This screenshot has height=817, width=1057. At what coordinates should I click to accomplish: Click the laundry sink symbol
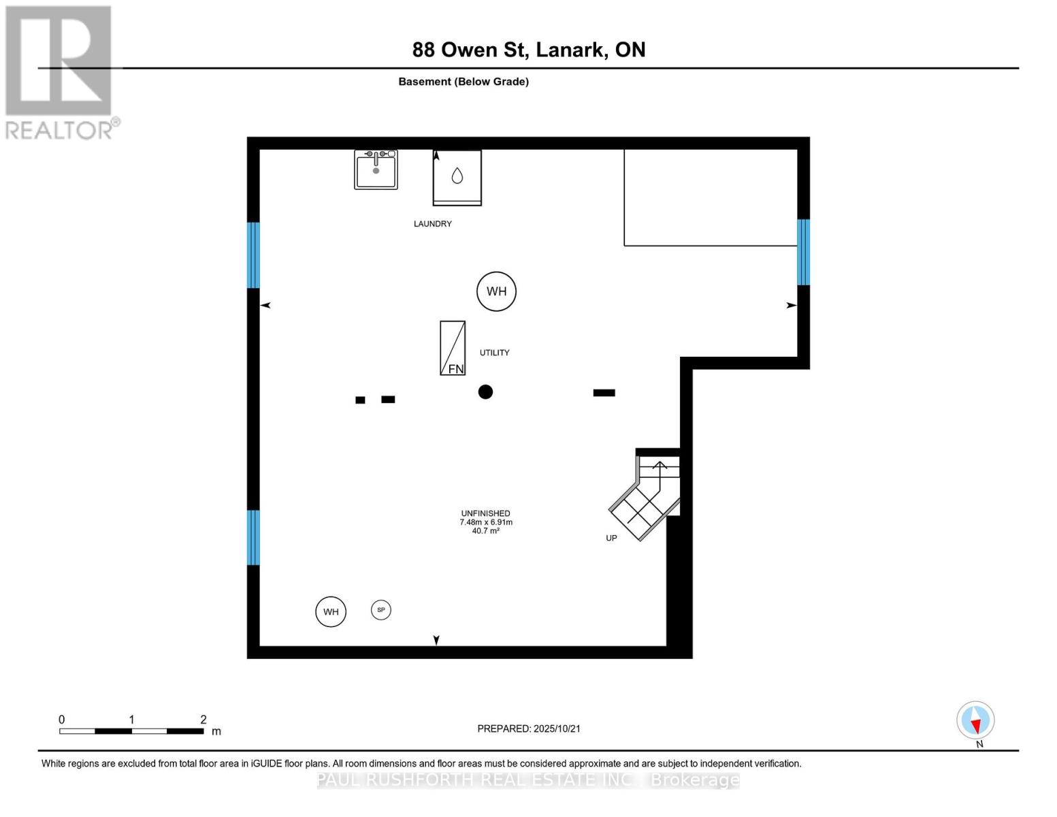376,170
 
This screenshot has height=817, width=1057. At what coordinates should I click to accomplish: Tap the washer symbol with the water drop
457,177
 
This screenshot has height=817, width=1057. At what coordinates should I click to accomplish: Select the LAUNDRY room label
432,224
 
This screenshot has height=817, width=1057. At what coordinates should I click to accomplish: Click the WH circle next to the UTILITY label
496,291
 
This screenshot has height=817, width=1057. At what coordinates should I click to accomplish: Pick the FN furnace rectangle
453,348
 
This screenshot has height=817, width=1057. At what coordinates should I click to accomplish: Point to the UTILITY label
494,353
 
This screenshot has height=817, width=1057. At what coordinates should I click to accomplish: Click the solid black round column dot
485,391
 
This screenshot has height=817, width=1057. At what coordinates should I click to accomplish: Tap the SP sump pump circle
381,610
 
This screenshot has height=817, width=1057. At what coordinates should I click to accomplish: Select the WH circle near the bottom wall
331,611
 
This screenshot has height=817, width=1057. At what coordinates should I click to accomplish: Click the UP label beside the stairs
611,538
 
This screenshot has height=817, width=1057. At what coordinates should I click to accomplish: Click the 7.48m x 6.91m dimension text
485,522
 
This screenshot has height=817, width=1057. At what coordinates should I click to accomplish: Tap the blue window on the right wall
803,252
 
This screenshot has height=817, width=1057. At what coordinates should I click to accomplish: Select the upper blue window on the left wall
253,255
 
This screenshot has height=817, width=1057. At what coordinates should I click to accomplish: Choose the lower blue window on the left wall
253,537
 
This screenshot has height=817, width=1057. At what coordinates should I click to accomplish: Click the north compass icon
975,720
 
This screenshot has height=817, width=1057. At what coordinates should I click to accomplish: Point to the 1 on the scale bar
131,720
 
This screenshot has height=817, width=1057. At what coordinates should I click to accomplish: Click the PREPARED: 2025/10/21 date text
528,728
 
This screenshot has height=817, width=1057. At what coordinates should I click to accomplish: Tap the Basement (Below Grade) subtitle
463,82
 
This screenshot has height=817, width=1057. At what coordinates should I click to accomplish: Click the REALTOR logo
60,72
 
